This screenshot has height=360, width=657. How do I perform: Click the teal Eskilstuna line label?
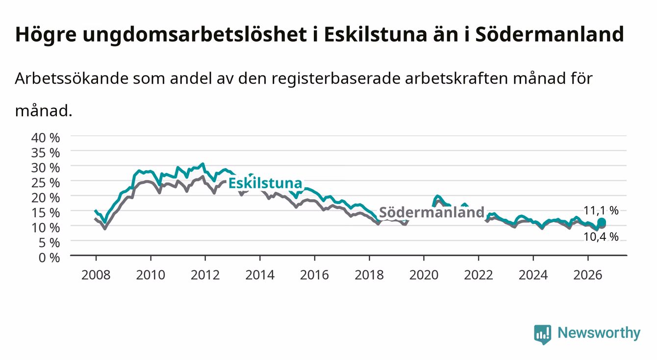click(265, 183)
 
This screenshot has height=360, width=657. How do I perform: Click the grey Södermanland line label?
click(431, 212)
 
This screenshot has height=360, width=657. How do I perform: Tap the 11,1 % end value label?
click(601, 210)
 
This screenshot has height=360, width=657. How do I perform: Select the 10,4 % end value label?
click(601, 237)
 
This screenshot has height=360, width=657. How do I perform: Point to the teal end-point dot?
click(602, 222)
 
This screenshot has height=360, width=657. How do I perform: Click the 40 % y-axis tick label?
click(46, 138)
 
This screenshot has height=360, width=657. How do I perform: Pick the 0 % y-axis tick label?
click(49, 257)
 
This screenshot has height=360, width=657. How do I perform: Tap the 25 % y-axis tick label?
click(46, 183)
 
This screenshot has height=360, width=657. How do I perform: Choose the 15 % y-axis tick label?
click(46, 213)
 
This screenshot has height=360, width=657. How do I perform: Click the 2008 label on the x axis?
click(96, 275)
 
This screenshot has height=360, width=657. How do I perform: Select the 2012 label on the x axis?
click(205, 275)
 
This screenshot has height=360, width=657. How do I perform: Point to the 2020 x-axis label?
click(424, 275)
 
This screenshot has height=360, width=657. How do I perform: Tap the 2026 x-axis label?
click(588, 275)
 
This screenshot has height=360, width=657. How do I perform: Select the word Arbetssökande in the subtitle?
click(72, 78)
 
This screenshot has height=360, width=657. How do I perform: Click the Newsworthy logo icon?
click(543, 334)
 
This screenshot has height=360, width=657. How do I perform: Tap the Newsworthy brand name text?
click(599, 334)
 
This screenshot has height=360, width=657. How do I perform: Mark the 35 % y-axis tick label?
click(46, 153)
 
